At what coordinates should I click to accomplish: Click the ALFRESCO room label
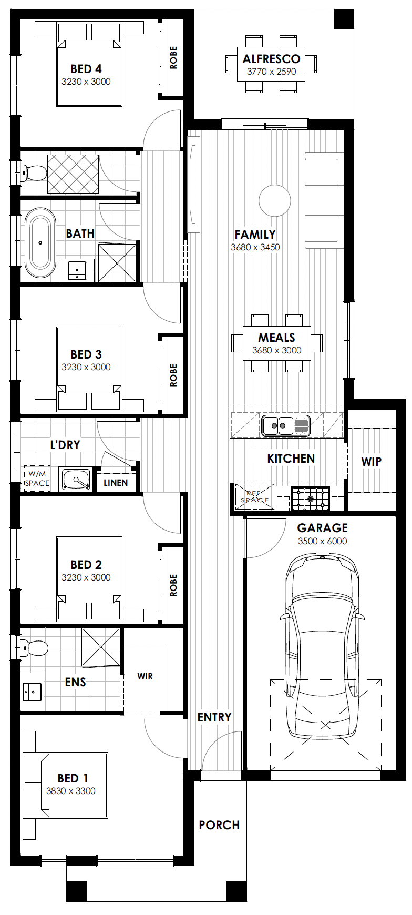(x=272, y=59)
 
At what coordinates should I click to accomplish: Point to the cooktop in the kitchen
(x=311, y=498)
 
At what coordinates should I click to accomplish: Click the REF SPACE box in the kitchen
(x=255, y=497)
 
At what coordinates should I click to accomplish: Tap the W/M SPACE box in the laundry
(x=37, y=479)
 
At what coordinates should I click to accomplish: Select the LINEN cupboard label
(x=116, y=482)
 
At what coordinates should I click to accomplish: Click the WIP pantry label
(x=371, y=462)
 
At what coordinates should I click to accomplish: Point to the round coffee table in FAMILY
(x=275, y=200)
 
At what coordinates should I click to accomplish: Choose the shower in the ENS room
(x=101, y=647)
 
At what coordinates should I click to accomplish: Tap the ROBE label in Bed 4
(x=173, y=58)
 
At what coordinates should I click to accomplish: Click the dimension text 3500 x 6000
(x=322, y=541)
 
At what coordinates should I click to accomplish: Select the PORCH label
(x=219, y=825)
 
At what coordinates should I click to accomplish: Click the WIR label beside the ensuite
(x=145, y=676)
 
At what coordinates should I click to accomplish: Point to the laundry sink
(x=77, y=480)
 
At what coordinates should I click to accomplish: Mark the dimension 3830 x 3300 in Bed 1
(x=71, y=791)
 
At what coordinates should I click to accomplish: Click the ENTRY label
(x=214, y=717)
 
